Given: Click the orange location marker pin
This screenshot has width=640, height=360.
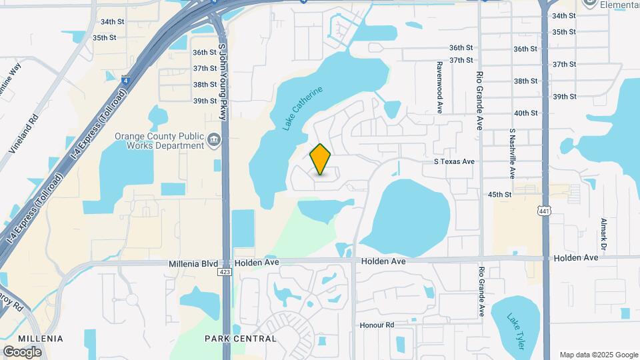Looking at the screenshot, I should [321, 159].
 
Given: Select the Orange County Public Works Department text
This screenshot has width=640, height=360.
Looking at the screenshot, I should [159, 140].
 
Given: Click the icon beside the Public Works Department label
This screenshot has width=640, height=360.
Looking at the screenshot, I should [214, 140].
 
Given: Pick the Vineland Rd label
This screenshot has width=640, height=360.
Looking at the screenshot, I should [24, 134].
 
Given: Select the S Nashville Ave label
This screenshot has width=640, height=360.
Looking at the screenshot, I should [513, 153].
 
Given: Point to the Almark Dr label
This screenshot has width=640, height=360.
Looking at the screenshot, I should [603, 234].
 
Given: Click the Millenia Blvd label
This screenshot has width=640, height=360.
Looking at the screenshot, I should [192, 263].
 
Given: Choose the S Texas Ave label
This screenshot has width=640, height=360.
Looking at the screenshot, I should [454, 161].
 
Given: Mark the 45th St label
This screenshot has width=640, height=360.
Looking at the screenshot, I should [499, 195].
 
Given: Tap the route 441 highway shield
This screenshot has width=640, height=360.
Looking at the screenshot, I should [545, 211].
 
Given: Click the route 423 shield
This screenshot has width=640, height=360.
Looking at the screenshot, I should [225, 272].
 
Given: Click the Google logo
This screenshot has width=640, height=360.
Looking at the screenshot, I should [22, 351].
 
